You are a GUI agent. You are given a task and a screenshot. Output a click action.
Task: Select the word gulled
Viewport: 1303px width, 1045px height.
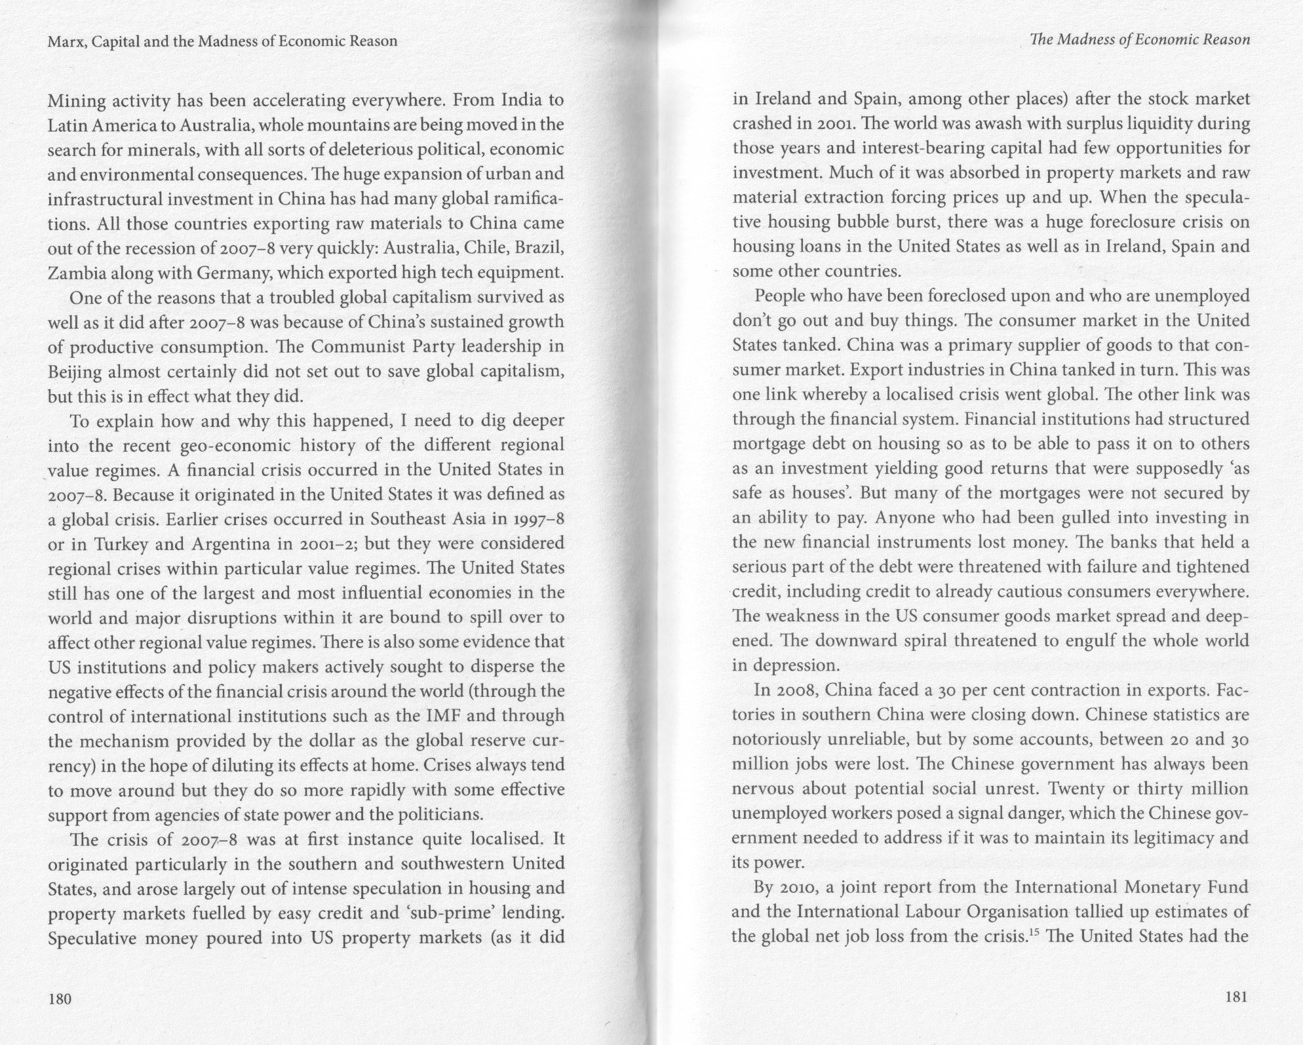point(1072,518)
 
